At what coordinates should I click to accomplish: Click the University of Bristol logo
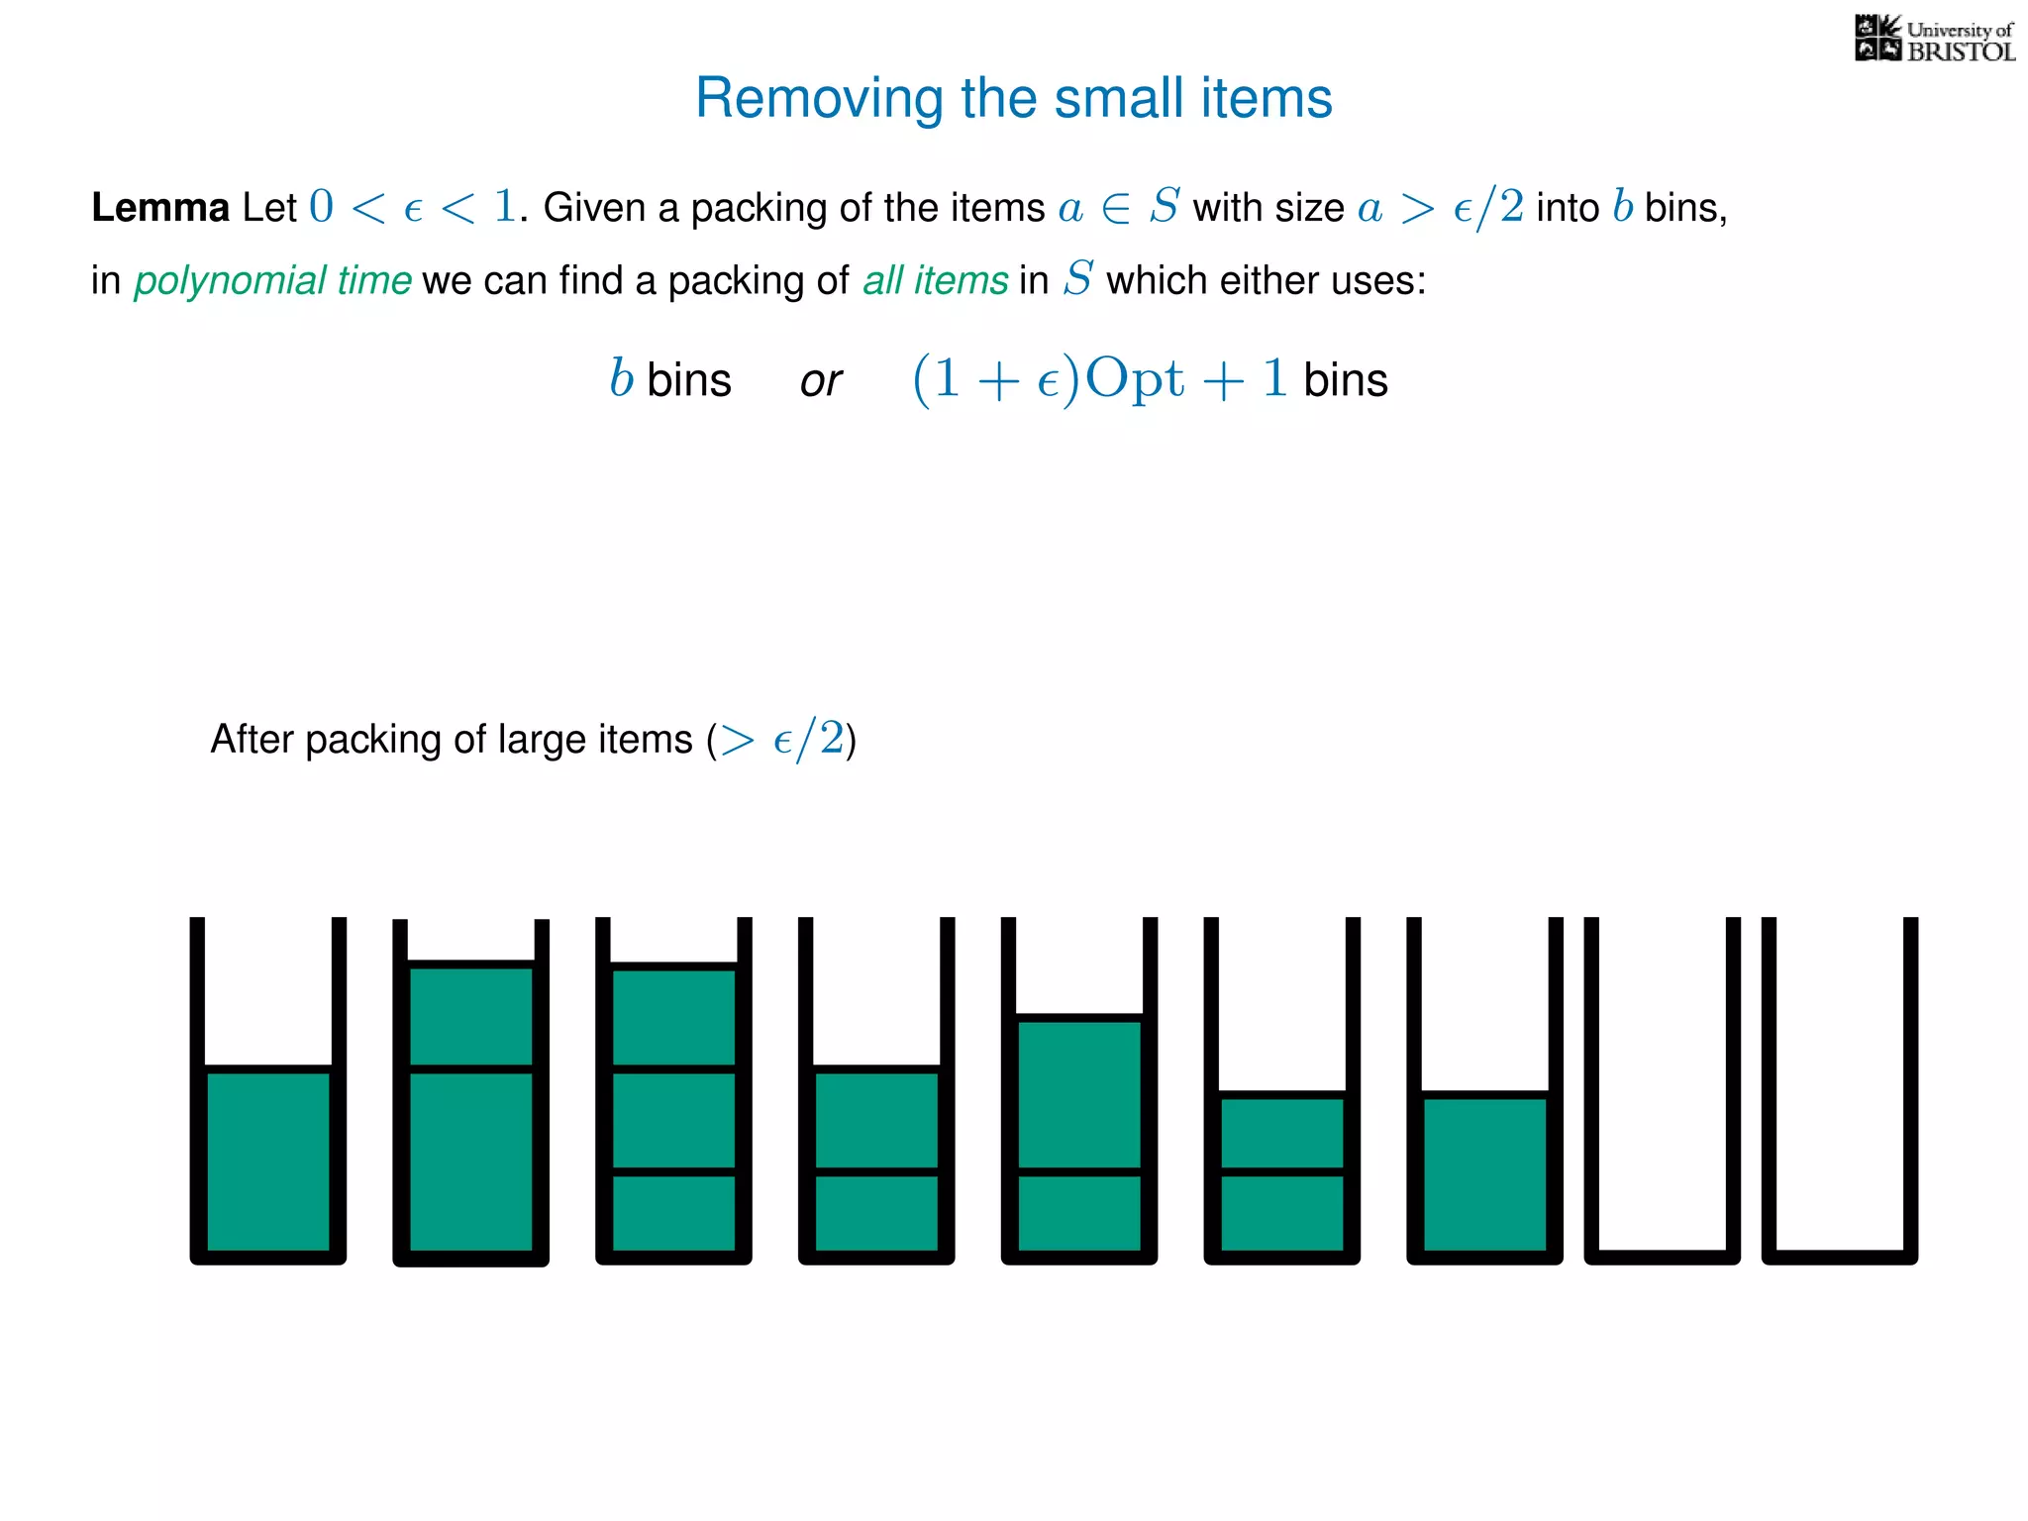1934,40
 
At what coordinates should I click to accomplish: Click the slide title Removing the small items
1013,98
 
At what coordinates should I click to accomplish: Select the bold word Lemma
160,208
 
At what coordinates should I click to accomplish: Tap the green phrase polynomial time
272,281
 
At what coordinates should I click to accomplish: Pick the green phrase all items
935,281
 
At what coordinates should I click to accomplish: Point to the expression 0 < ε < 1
412,207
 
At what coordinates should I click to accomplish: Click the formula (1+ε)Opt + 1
1099,379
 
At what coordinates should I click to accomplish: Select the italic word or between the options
820,381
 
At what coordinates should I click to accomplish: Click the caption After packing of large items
533,740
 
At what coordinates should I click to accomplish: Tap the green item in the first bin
268,1162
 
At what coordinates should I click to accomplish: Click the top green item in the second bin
471,1017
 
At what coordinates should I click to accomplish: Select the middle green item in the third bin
674,1120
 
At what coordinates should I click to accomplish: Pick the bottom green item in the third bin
674,1213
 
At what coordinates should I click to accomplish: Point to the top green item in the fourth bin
876,1120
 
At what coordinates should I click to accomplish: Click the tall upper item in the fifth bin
1079,1094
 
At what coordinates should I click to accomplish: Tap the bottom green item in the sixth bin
1282,1213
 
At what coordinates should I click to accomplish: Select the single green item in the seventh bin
1484,1174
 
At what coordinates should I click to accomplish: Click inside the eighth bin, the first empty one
1663,1089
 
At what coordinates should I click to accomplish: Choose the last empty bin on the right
1840,1089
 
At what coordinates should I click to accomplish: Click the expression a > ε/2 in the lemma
1441,208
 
